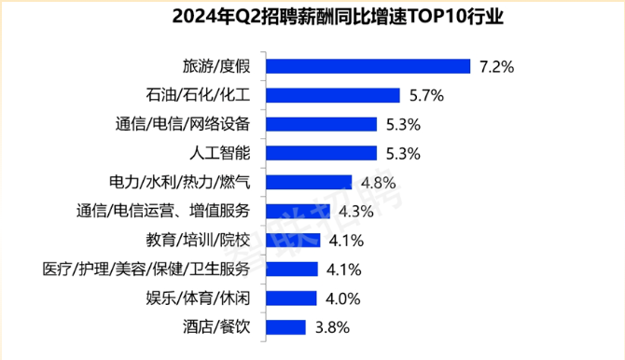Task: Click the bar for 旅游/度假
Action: coord(368,66)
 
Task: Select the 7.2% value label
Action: coord(496,66)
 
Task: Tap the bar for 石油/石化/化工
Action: coord(333,95)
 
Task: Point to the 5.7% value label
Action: coord(426,96)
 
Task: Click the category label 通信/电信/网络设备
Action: coord(183,124)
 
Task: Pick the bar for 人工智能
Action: coord(321,153)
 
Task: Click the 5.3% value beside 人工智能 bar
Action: coord(403,154)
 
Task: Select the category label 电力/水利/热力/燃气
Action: coord(180,182)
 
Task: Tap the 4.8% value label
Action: coord(379,183)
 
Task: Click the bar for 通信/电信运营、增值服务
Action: coord(299,212)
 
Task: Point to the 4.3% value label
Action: coord(356,212)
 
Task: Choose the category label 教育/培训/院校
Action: coord(198,241)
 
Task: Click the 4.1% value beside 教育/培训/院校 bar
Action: coord(346,241)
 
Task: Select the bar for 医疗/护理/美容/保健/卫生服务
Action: coord(292,270)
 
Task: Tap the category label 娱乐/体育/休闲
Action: coord(198,298)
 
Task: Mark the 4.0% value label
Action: coord(342,298)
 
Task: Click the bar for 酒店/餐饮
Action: coord(285,327)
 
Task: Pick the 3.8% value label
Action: coord(332,327)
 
